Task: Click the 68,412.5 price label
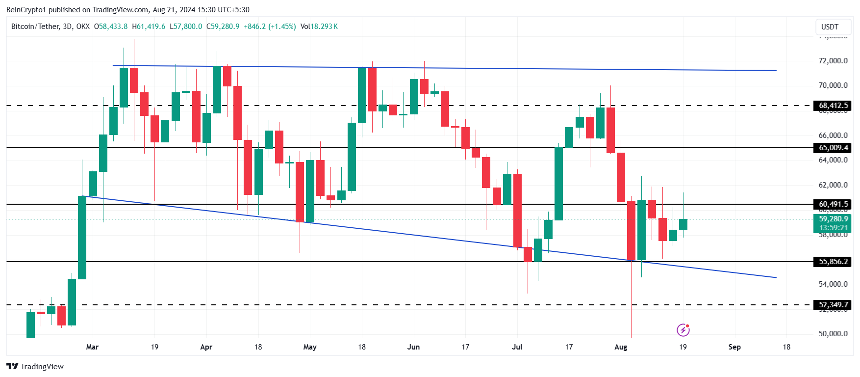pyautogui.click(x=833, y=106)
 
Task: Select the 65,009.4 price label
pyautogui.click(x=833, y=148)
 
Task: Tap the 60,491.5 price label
pyautogui.click(x=833, y=204)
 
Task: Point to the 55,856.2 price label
pyautogui.click(x=833, y=262)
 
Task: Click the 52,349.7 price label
pyautogui.click(x=833, y=305)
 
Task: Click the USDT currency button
pyautogui.click(x=830, y=27)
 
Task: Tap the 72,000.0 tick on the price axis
pyautogui.click(x=833, y=61)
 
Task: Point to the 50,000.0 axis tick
pyautogui.click(x=833, y=334)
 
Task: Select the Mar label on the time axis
pyautogui.click(x=92, y=347)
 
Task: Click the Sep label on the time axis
pyautogui.click(x=734, y=347)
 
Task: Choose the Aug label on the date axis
pyautogui.click(x=620, y=347)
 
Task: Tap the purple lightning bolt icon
pyautogui.click(x=683, y=330)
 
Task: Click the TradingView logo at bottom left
pyautogui.click(x=35, y=367)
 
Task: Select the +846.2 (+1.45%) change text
pyautogui.click(x=270, y=27)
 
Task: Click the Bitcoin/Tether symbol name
pyautogui.click(x=35, y=27)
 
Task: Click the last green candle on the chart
pyautogui.click(x=683, y=224)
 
